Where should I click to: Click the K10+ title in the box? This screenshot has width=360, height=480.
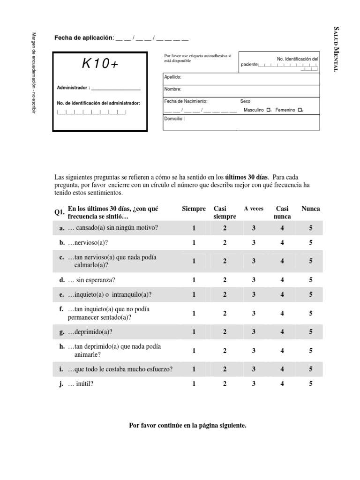[100, 65]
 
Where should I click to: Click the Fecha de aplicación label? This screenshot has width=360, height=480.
[84, 37]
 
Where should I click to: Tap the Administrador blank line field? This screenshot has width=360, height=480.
[115, 88]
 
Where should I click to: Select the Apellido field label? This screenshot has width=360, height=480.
[172, 77]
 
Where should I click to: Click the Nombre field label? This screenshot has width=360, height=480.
[172, 89]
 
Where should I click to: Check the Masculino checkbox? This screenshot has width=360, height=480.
[268, 110]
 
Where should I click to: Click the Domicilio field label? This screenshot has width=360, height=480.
[174, 119]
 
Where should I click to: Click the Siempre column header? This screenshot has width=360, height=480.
[194, 209]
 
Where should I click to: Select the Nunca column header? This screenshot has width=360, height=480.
[311, 209]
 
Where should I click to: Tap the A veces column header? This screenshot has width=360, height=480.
[254, 209]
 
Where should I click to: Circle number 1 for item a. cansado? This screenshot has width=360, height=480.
[194, 228]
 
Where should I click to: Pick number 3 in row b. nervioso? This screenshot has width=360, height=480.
[254, 243]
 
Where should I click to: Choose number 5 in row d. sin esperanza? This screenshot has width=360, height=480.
[311, 280]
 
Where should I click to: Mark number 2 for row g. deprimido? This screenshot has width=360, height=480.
[225, 332]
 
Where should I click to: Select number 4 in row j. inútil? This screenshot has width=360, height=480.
[282, 384]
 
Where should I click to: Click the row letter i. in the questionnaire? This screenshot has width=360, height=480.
[61, 369]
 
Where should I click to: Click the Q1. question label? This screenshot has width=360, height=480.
[59, 212]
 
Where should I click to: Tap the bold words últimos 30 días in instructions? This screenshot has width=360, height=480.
[247, 178]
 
